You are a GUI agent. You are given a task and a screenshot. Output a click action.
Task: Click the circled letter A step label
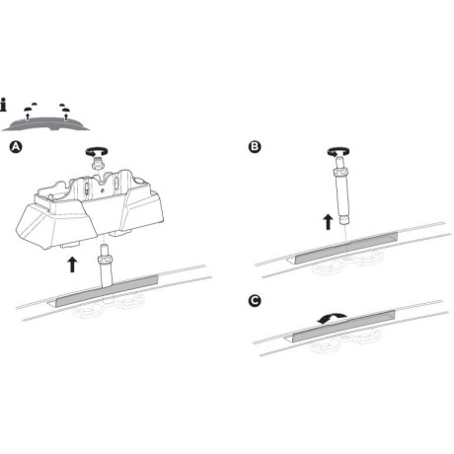14,148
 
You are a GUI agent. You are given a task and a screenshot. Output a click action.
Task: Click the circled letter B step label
255,148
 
